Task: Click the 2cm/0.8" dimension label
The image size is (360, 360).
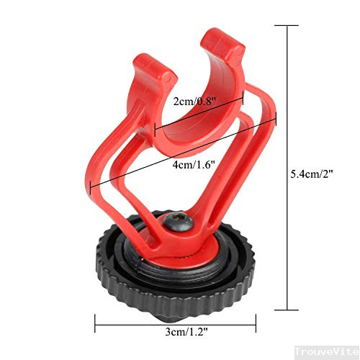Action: click(x=195, y=102)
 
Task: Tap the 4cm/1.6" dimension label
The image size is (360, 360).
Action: click(x=194, y=165)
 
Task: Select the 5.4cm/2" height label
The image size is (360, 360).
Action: click(x=312, y=174)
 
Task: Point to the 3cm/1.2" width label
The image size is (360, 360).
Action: click(x=186, y=332)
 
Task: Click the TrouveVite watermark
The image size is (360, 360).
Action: click(x=327, y=351)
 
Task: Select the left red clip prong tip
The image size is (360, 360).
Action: click(x=156, y=68)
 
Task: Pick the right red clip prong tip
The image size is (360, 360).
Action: click(x=222, y=41)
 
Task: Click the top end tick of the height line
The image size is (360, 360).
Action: click(x=287, y=25)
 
